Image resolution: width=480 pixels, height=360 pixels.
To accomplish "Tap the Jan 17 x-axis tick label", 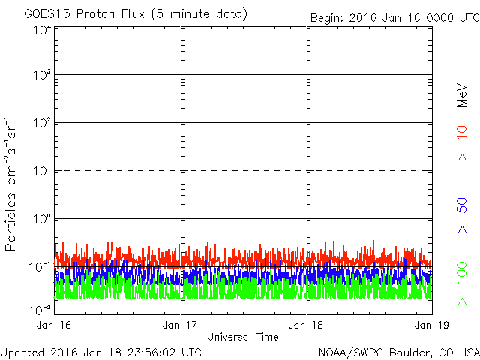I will [181, 325].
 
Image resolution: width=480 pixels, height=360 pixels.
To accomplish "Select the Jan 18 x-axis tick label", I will [307, 325].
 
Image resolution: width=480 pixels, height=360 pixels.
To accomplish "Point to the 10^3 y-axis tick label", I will [42, 76].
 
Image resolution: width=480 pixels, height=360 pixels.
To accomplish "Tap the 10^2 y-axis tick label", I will [42, 124].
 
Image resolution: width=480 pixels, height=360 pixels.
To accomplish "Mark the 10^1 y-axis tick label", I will [42, 172].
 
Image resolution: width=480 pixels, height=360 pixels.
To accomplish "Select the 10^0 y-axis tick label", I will [42, 220].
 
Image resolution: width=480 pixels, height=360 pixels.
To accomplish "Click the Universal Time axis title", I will [242, 337].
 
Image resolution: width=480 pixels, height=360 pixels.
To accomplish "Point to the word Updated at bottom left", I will [22, 352].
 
